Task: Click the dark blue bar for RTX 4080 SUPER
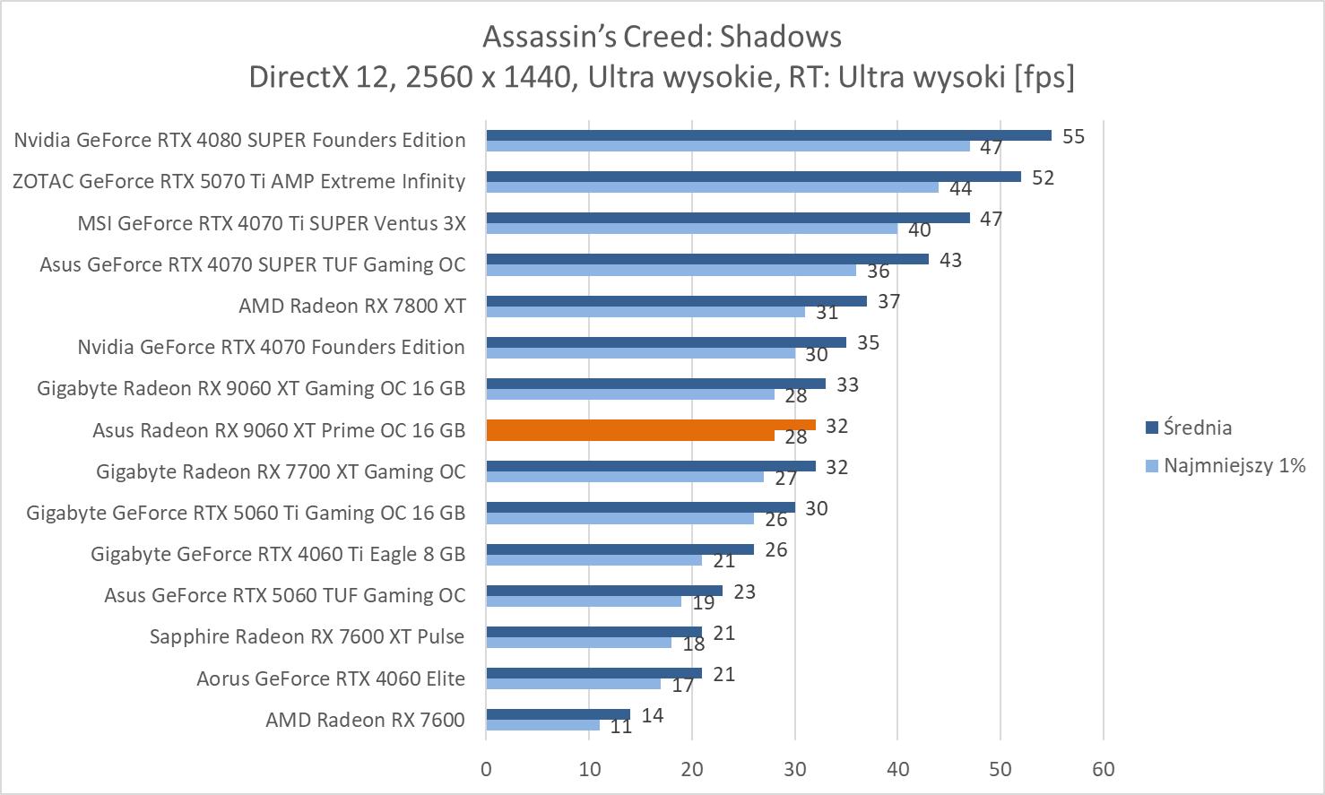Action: click(x=768, y=135)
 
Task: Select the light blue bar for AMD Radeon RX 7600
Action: click(x=542, y=725)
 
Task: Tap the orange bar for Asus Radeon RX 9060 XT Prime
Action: click(x=651, y=426)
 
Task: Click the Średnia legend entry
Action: click(x=1197, y=428)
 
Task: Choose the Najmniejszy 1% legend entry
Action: click(x=1234, y=465)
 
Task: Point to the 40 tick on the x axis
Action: click(x=897, y=769)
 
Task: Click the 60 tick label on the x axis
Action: click(x=1103, y=769)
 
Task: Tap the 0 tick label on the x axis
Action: click(x=486, y=769)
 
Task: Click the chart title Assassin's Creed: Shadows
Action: click(x=662, y=36)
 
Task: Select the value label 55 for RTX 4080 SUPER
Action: click(x=1073, y=136)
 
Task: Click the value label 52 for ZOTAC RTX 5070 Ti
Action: click(x=1043, y=177)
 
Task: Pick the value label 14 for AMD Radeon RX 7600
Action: click(x=653, y=715)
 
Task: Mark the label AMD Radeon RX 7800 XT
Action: click(x=352, y=306)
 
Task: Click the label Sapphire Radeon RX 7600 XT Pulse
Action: click(x=307, y=636)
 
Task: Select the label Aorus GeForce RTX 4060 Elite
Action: click(x=331, y=678)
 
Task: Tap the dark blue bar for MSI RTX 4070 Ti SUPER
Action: click(x=727, y=218)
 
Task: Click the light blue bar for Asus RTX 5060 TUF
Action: click(x=583, y=601)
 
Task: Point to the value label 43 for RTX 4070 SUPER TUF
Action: click(x=950, y=260)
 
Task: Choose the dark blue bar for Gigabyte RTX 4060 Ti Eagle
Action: click(x=619, y=549)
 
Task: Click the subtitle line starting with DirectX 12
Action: click(x=662, y=77)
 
